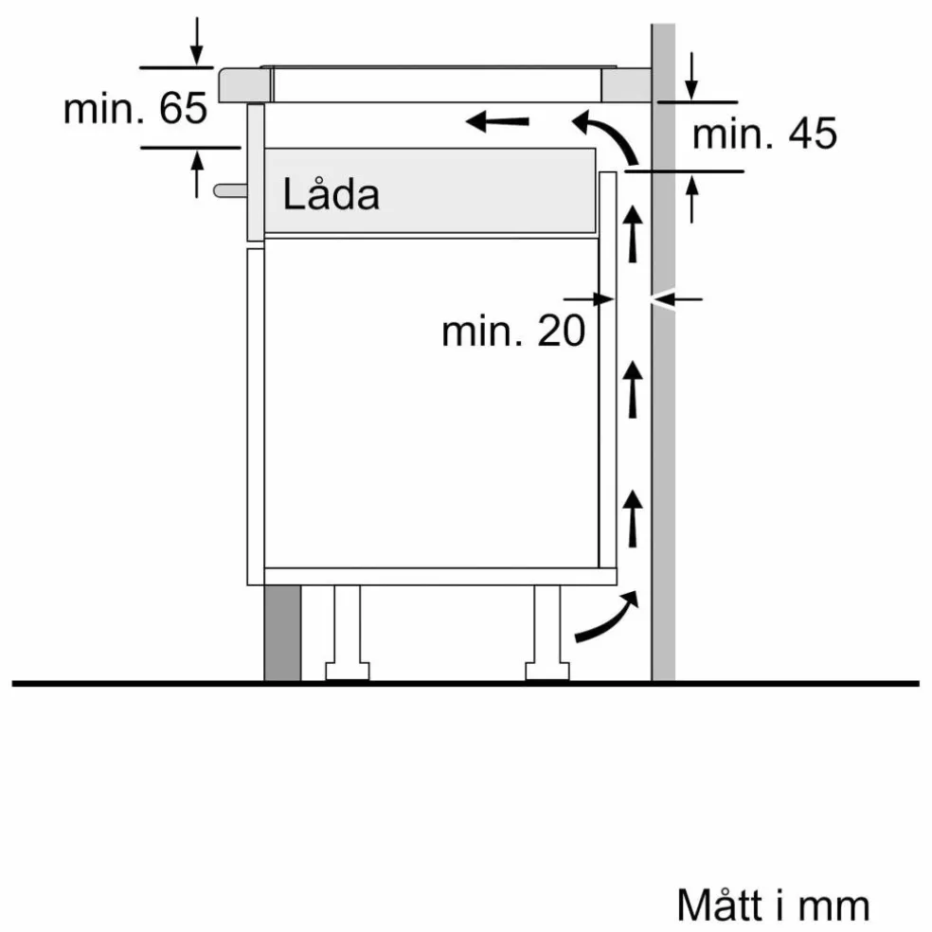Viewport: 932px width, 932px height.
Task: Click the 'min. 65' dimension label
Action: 135,108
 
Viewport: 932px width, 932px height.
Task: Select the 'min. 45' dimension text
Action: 764,134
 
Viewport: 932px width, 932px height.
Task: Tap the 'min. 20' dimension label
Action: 513,332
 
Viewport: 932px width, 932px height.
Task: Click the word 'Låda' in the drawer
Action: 331,194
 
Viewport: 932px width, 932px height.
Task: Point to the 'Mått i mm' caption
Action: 773,905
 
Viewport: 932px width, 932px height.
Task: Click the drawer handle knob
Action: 230,190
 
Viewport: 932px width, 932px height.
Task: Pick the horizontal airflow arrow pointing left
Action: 497,122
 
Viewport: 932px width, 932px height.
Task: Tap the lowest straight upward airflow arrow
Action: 633,518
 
